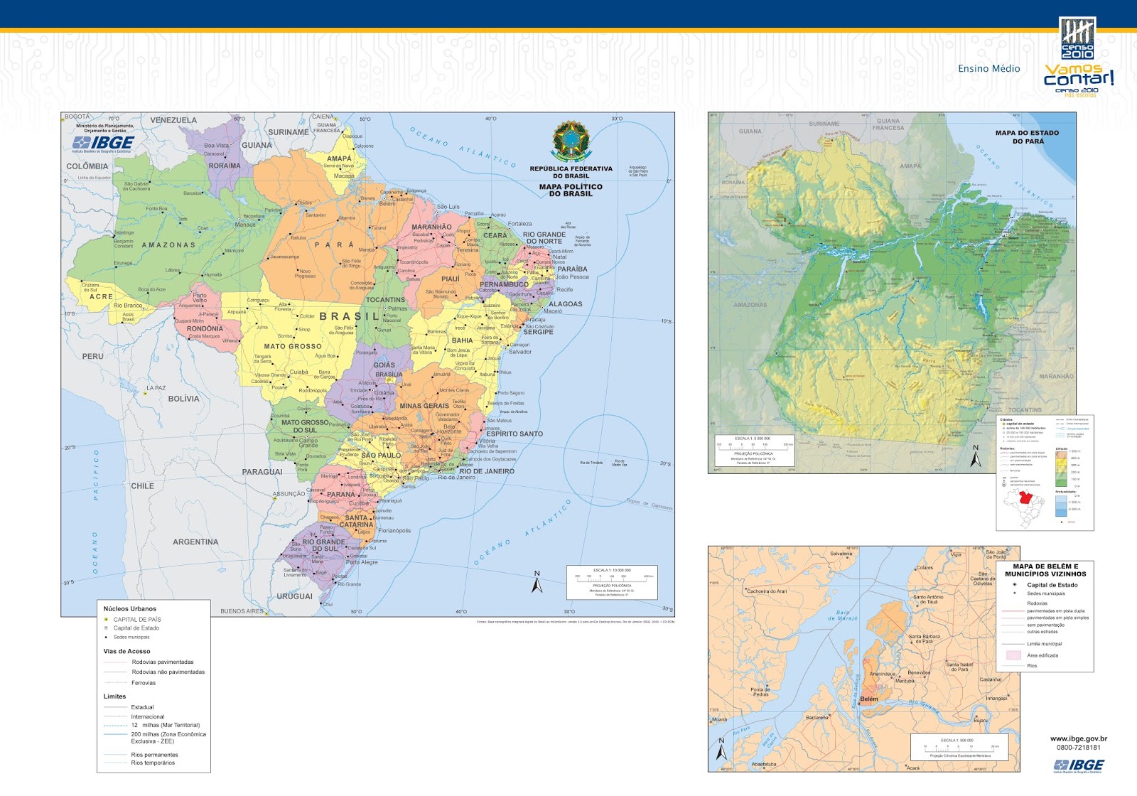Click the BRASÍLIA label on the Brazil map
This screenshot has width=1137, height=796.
[389, 375]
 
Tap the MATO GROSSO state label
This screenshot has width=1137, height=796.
[293, 347]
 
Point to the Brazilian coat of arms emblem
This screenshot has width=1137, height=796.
[571, 141]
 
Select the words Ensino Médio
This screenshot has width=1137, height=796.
[988, 69]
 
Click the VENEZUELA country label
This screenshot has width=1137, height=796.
[173, 120]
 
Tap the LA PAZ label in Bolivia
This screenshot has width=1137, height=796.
[156, 388]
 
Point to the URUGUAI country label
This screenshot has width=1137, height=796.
[294, 596]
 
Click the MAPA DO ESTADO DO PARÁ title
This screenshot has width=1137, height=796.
[1027, 137]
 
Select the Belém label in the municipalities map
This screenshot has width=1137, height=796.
[869, 699]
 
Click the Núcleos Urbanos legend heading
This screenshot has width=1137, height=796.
[129, 609]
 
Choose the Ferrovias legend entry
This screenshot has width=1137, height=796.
[143, 683]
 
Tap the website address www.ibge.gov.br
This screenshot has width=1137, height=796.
[1078, 739]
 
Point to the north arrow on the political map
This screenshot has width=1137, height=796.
[537, 583]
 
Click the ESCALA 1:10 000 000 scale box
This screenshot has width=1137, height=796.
[611, 581]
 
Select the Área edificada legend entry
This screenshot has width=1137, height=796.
[1042, 655]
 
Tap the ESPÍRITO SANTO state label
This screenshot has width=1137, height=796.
[514, 434]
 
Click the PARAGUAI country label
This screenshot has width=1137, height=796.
[262, 472]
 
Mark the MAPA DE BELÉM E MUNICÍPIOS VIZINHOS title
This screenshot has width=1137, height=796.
[1045, 570]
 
